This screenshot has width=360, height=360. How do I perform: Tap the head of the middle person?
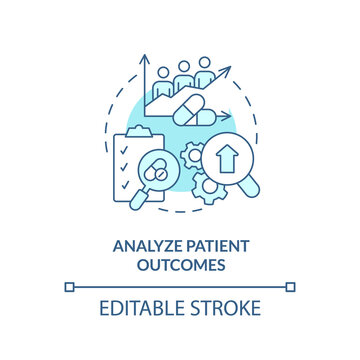click(x=183, y=64)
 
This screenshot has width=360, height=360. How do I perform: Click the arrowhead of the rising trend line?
click(x=229, y=71)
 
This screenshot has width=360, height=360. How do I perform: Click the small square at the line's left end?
click(x=68, y=287)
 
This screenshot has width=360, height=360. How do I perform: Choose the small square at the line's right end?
click(x=292, y=287)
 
